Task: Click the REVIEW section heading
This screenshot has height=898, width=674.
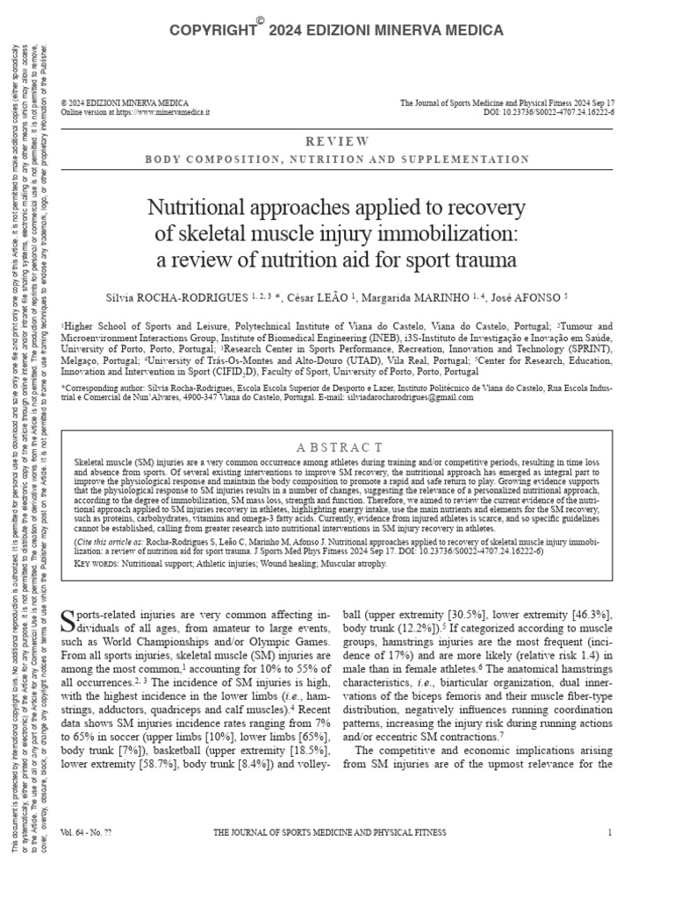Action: point(337,141)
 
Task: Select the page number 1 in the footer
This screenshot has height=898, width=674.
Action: point(609,832)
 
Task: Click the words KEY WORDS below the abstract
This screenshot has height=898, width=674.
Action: point(96,564)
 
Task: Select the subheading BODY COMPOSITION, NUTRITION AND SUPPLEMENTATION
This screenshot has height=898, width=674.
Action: point(337,160)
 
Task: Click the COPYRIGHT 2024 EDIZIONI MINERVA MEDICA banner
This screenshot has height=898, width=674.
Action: point(337,31)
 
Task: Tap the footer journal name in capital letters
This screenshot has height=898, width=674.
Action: point(330,832)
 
